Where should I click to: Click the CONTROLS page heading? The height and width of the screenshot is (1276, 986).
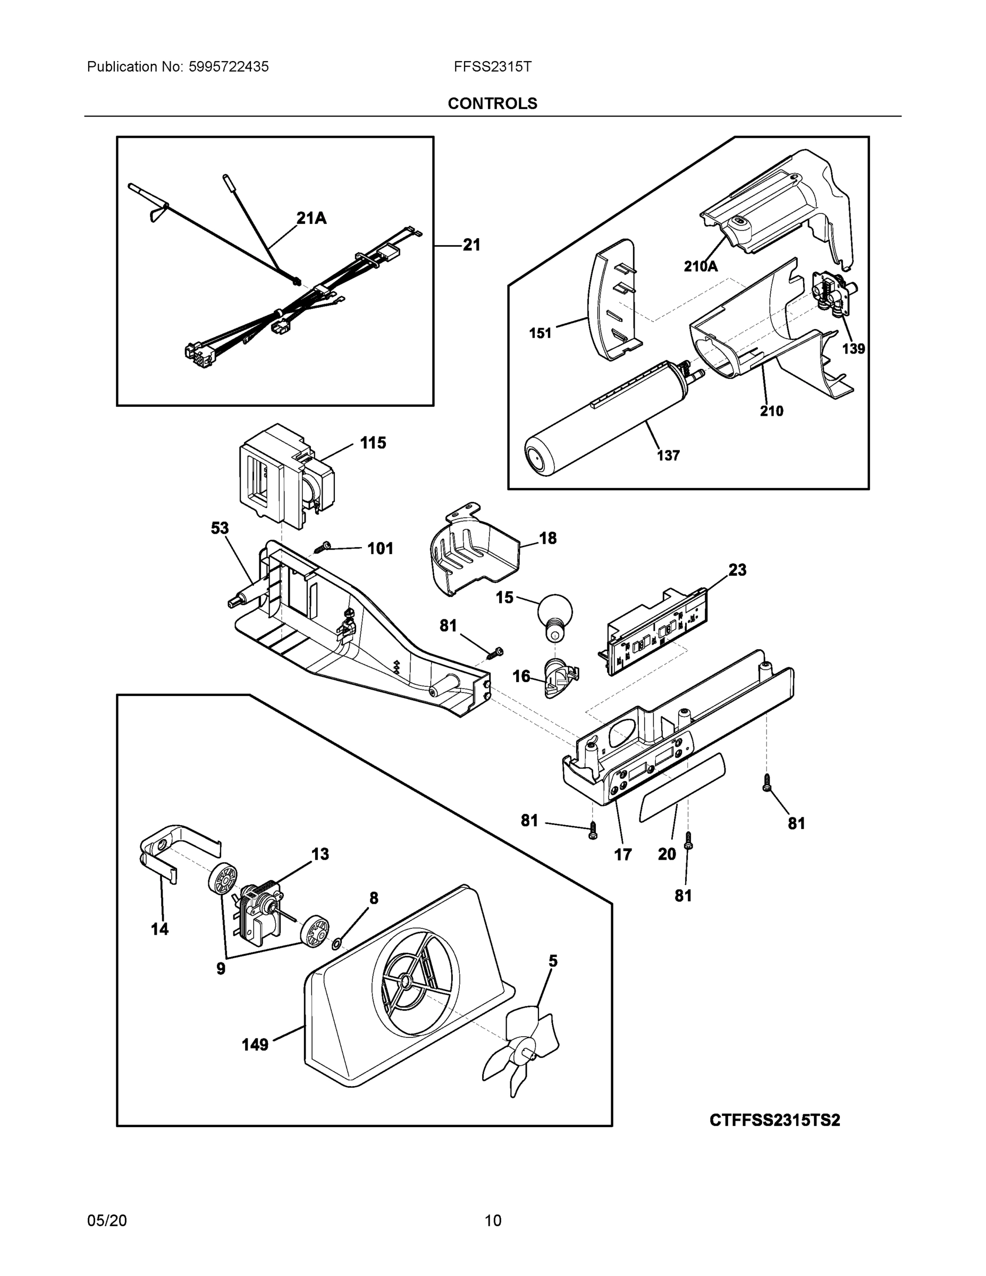tap(492, 104)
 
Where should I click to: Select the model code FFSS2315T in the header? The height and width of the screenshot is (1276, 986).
tap(492, 66)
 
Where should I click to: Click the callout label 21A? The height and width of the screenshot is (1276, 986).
tap(311, 219)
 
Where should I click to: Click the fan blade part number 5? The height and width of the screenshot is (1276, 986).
tap(553, 961)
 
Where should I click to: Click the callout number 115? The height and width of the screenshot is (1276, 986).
tap(373, 443)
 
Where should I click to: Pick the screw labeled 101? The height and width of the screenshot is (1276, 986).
tap(323, 547)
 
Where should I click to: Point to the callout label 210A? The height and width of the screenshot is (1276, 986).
tap(701, 266)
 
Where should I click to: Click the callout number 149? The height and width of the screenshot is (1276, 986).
tap(255, 1045)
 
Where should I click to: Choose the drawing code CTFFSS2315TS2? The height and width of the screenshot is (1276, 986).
tap(774, 1121)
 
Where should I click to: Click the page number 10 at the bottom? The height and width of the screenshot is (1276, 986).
tap(492, 1221)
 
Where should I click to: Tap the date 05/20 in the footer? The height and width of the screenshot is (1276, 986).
tap(107, 1221)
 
